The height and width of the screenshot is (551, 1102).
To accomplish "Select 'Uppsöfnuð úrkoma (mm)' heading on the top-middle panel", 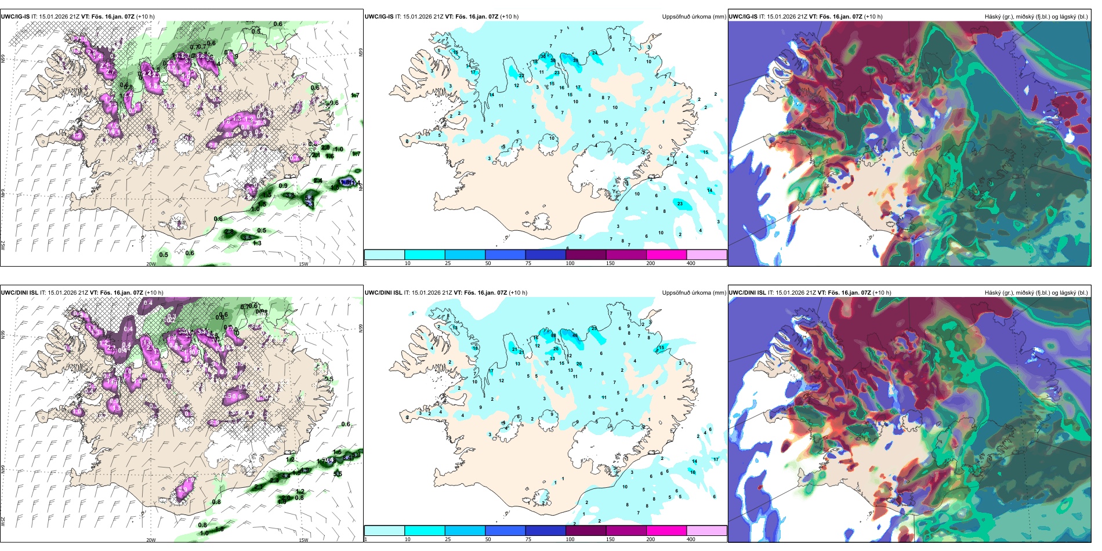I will [694, 17].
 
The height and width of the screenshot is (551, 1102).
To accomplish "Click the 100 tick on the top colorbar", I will [570, 263].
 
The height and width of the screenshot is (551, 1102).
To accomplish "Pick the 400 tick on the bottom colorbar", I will [691, 539].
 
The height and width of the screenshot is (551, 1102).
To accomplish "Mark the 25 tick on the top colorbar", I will [448, 263].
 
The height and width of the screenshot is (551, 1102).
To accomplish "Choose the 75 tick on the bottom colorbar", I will [528, 539].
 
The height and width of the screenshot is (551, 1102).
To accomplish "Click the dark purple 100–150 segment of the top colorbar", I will [585, 255].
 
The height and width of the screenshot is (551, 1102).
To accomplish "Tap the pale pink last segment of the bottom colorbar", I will [706, 531].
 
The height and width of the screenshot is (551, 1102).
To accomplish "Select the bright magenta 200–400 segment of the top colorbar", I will [666, 255].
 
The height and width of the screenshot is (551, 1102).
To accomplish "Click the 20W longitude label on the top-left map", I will [151, 264].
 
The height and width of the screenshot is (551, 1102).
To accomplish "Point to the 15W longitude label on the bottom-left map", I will [303, 540].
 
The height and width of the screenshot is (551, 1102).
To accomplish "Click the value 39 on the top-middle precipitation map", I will [575, 60].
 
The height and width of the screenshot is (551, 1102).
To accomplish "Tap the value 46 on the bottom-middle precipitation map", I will [575, 335].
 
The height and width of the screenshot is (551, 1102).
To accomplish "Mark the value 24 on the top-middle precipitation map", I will [594, 53].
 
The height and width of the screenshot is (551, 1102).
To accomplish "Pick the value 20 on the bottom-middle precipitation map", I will [579, 364].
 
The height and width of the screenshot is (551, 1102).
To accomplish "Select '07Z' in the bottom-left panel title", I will [137, 293].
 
